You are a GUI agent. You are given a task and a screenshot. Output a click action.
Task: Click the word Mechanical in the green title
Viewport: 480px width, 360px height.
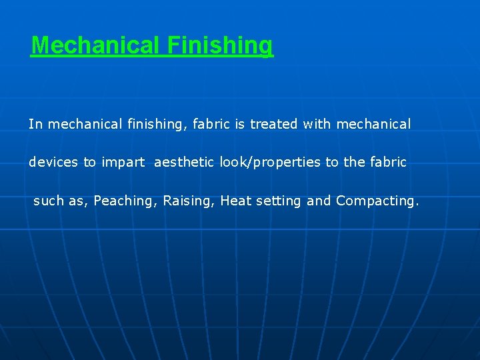(96, 45)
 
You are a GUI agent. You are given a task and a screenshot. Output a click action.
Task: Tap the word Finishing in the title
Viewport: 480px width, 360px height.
(220, 46)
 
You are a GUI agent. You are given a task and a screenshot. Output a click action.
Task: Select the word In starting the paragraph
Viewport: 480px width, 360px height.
(35, 124)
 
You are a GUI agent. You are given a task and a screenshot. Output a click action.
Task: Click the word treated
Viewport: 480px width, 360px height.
(274, 124)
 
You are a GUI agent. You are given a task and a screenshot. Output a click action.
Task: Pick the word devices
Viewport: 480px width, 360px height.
(53, 163)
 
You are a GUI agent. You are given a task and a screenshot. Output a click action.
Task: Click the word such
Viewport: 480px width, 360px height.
(49, 201)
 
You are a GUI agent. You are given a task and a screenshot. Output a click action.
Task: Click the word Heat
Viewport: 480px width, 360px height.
(236, 201)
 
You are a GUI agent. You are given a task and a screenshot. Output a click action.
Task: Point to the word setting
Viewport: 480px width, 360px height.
(279, 201)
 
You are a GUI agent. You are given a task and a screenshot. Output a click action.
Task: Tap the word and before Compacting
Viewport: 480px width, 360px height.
(319, 201)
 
